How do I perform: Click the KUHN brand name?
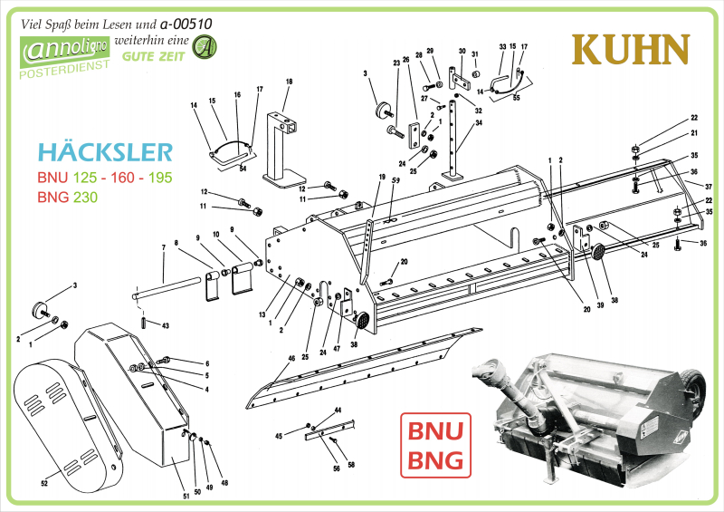point(632,50)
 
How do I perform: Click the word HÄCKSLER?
point(105,151)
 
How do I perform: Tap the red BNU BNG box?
point(436,445)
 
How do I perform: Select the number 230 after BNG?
point(85,198)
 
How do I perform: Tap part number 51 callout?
point(186,495)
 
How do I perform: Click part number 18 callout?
point(289,82)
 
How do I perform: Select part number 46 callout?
point(291,359)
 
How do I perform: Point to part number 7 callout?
point(164,246)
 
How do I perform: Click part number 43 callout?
point(165,325)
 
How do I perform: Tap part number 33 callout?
point(502,46)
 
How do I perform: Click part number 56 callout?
point(336,468)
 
